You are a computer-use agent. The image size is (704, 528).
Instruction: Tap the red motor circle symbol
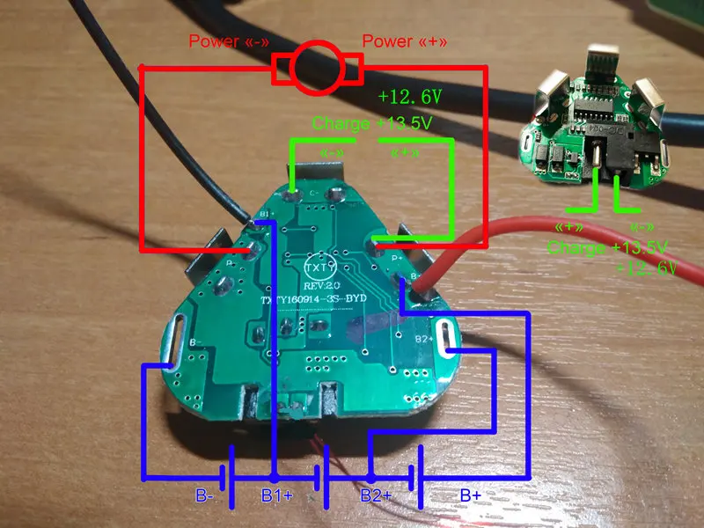[x=316, y=69]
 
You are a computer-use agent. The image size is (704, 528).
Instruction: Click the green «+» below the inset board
[x=563, y=227]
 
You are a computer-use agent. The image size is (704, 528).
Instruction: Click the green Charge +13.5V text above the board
[x=372, y=123]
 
